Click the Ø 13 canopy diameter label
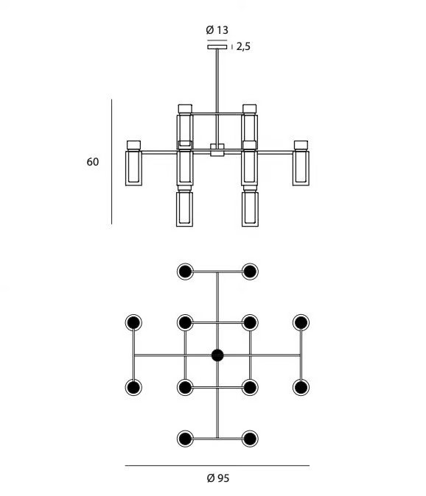tap(217, 30)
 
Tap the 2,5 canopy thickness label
tap(243, 46)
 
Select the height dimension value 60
tap(93, 162)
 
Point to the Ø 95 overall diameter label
tap(218, 478)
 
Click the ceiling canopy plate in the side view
tap(217, 47)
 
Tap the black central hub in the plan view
tap(217, 355)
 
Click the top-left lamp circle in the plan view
tap(185, 272)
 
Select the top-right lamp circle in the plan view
tap(250, 272)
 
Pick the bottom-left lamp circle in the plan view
tap(185, 439)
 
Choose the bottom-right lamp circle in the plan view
tap(250, 439)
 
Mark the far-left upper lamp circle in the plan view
tap(133, 322)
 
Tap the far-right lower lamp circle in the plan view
tap(301, 387)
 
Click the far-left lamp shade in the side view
tap(133, 168)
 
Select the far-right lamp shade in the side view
tap(301, 168)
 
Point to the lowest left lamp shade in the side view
tap(185, 209)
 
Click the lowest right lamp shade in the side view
tap(250, 209)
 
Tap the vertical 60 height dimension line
tap(111, 162)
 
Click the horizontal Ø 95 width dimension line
tap(217, 465)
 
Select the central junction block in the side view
tap(217, 150)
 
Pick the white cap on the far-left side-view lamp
tap(133, 145)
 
